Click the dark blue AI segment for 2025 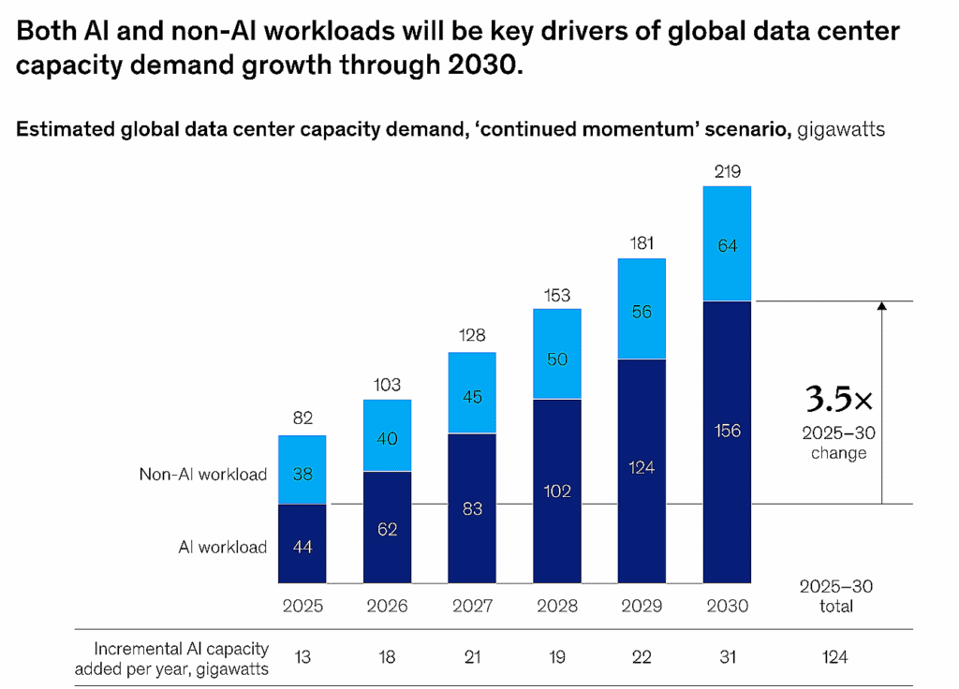coord(302,544)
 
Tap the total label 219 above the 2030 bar coord(727,171)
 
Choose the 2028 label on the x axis coord(556,606)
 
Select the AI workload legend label coord(223,547)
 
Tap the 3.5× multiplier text coord(838,400)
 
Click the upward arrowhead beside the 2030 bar coord(881,307)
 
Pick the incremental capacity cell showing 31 coord(727,656)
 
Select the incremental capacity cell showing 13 coord(302,656)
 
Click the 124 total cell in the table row coord(835,656)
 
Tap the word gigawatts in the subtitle coord(841,130)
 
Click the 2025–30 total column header coord(835,595)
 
